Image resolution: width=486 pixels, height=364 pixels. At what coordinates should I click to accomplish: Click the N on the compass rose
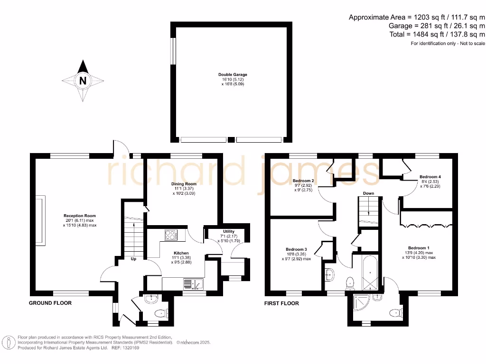83,81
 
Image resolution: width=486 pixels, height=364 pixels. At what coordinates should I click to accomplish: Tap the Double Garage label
233,74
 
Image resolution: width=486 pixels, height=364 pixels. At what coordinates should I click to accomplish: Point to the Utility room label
226,231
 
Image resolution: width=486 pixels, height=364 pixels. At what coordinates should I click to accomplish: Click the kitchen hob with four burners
171,235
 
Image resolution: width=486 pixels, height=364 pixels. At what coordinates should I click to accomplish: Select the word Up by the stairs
134,259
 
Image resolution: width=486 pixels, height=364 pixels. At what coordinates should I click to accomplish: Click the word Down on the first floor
369,193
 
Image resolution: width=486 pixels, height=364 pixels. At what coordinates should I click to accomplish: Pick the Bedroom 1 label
419,248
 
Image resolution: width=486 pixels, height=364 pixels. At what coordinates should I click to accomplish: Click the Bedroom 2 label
303,181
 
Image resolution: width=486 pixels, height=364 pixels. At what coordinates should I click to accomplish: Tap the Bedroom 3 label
296,249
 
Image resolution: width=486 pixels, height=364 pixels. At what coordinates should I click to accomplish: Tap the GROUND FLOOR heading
50,303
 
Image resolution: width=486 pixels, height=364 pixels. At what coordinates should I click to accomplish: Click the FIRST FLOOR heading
281,303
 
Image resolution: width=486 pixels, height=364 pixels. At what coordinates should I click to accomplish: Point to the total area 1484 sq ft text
437,35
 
